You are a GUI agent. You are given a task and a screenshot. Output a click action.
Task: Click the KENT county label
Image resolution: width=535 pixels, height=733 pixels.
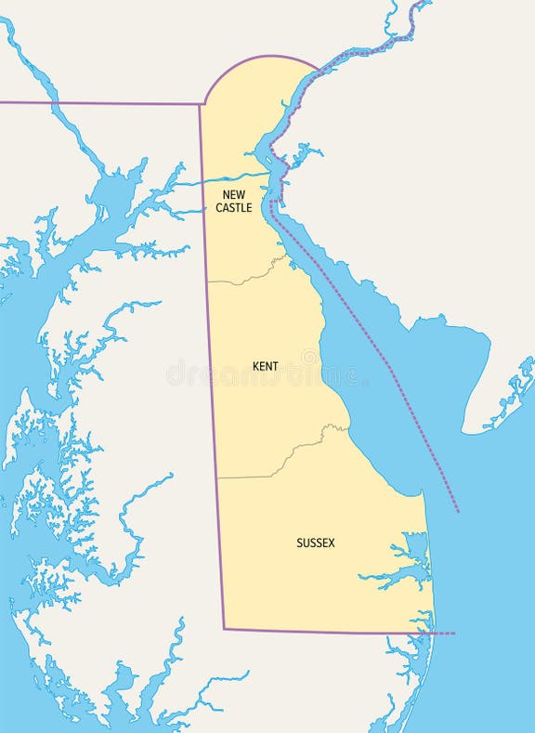[x=265, y=367]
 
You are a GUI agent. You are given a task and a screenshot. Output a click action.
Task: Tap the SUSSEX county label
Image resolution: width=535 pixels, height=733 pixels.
[x=315, y=543]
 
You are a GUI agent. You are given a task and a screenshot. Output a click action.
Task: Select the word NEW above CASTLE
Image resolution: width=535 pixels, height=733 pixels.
[x=233, y=195]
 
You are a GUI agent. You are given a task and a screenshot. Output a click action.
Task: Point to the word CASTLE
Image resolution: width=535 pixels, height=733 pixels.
[x=233, y=208]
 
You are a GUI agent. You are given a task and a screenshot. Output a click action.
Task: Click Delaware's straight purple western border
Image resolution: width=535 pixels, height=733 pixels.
[x=212, y=372]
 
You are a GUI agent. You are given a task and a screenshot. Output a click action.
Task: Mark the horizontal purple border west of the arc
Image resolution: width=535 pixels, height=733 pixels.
[x=102, y=103]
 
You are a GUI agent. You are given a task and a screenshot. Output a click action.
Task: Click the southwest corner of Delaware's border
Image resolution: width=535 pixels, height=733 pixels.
[x=224, y=629]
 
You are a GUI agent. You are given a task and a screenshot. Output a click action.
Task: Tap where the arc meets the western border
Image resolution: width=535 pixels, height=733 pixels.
[x=202, y=104]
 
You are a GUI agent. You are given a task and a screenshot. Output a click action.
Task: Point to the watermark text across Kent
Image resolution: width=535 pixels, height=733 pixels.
[x=265, y=375]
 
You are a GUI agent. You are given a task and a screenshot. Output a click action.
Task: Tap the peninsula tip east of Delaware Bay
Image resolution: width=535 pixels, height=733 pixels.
[x=464, y=431]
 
